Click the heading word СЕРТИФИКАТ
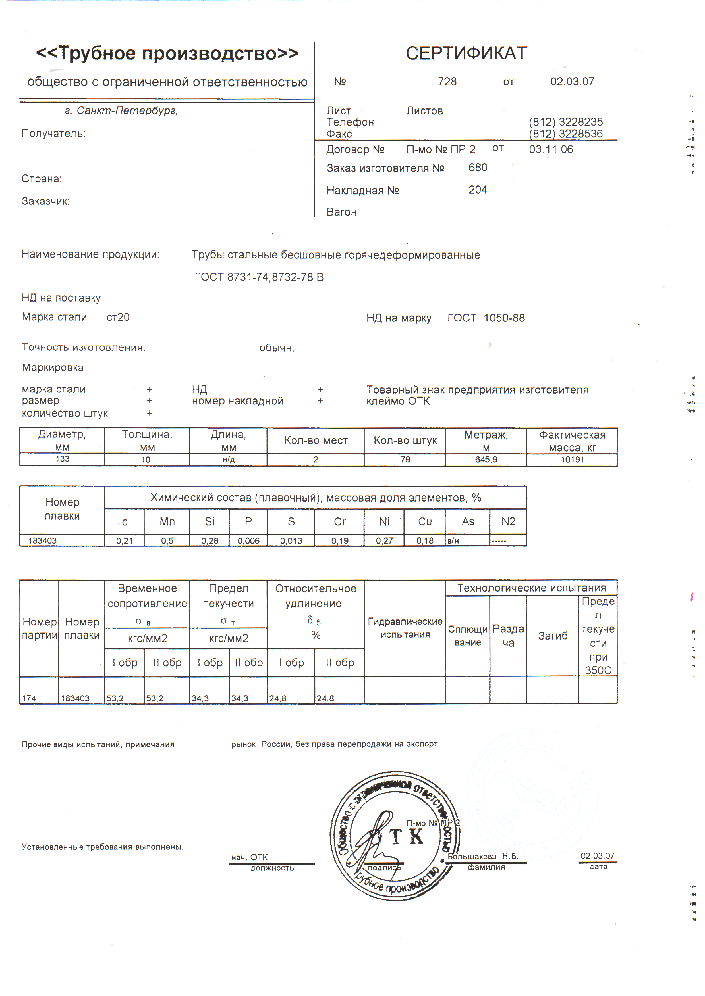tap(466, 53)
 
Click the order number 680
tap(478, 168)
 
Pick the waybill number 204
tap(478, 190)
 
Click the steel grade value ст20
tap(118, 317)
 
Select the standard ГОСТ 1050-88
tap(486, 318)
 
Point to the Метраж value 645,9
tap(486, 460)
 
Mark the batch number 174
tap(29, 698)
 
